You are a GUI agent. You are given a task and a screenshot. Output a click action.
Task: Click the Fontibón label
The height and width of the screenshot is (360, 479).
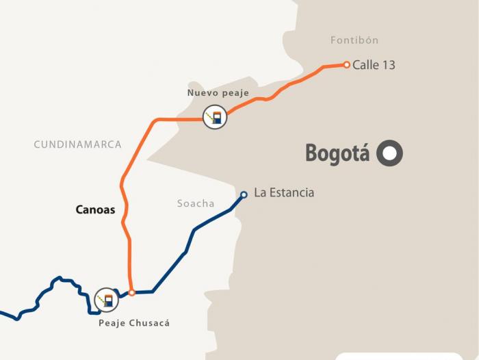point(354,40)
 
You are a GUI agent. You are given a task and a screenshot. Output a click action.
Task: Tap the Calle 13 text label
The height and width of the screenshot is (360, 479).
point(374,66)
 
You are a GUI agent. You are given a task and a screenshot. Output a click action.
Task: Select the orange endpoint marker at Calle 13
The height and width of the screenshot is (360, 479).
point(347,65)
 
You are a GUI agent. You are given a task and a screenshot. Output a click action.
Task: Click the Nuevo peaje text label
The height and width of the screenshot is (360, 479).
point(218,92)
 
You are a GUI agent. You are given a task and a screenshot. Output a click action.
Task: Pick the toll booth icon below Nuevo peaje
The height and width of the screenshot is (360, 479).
point(215,118)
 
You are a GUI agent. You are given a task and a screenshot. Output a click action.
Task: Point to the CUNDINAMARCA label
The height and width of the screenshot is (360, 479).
point(77,144)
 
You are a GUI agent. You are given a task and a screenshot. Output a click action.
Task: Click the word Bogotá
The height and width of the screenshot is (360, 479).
point(337,153)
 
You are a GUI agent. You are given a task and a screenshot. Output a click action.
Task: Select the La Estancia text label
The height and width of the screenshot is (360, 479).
point(284,193)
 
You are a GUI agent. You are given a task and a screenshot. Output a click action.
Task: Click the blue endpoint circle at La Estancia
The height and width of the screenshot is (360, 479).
point(244,194)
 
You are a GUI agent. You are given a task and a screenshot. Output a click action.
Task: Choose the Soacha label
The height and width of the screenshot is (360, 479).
point(196,203)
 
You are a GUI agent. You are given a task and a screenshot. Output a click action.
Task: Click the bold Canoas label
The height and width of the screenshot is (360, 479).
point(95,209)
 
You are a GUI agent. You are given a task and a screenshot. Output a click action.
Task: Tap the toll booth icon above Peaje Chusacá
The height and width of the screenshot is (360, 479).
point(106,299)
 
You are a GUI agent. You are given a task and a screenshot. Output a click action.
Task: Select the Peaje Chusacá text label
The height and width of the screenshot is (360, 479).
point(133,323)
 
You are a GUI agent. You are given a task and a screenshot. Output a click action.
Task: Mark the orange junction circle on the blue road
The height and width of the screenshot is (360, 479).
point(132,292)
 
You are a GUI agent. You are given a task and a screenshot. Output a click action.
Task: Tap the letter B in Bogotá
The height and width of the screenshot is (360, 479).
point(313,153)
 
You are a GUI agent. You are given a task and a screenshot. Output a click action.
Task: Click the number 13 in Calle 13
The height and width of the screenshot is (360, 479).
point(388,66)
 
